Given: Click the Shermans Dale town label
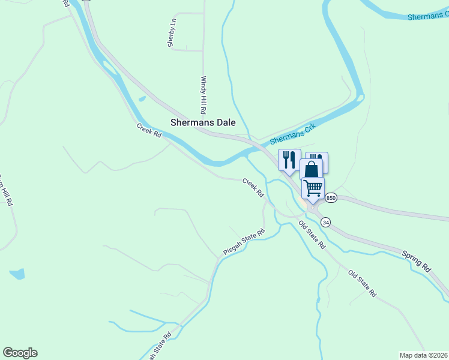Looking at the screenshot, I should [x=202, y=122].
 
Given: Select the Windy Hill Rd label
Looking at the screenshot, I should [x=204, y=95].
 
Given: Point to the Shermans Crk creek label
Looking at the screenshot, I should [x=292, y=133].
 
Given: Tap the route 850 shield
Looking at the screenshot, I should [x=331, y=197].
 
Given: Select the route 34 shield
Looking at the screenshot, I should [x=325, y=222].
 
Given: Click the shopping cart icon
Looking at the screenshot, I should [x=313, y=188].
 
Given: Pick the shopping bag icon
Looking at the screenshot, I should [x=312, y=168].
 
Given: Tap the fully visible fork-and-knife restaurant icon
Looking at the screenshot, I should [x=289, y=160].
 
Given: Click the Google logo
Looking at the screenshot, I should [x=20, y=353].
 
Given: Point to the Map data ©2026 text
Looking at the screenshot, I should [x=423, y=355].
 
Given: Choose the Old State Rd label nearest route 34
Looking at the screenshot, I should [x=312, y=235].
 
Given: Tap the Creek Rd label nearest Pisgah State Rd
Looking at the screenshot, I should [x=253, y=187].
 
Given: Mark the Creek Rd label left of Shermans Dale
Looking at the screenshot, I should [x=149, y=130].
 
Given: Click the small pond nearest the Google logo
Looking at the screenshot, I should [x=17, y=274].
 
